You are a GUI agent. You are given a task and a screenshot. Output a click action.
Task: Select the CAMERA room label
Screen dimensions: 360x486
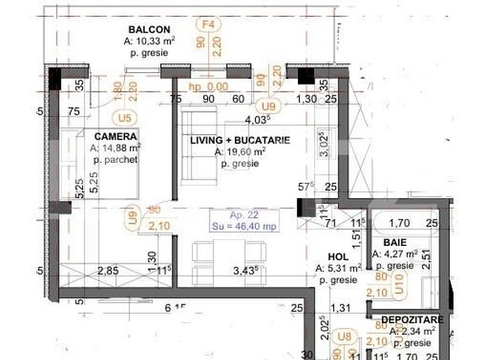pyautogui.click(x=116, y=136)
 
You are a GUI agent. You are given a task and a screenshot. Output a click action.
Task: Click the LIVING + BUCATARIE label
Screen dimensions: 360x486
pyautogui.click(x=240, y=140)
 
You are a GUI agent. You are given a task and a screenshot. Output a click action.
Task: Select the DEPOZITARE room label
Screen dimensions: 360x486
pyautogui.click(x=408, y=320)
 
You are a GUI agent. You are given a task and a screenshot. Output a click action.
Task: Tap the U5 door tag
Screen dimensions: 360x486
pyautogui.click(x=126, y=117)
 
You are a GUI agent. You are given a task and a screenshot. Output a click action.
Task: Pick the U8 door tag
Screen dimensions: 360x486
pyautogui.click(x=342, y=336)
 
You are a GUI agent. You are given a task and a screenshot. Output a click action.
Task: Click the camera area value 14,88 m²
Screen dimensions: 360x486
pyautogui.click(x=116, y=148)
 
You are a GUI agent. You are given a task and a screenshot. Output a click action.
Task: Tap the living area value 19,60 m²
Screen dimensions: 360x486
pyautogui.click(x=240, y=152)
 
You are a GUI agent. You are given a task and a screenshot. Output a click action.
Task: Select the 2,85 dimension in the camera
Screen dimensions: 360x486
pyautogui.click(x=107, y=270)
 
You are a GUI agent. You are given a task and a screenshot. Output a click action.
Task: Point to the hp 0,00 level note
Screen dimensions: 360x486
pyautogui.click(x=208, y=86)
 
